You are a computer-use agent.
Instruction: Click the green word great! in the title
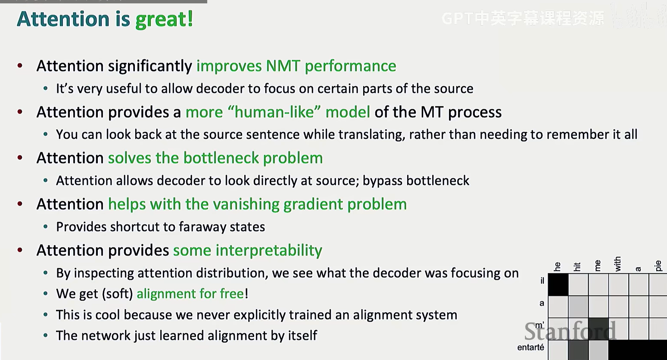(x=164, y=20)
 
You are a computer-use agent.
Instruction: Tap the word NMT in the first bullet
(x=283, y=66)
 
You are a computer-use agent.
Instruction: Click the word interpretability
(x=268, y=250)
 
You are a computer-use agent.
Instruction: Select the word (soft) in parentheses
(x=117, y=294)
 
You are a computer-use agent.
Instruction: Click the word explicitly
(x=260, y=315)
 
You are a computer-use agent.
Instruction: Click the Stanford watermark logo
(x=570, y=331)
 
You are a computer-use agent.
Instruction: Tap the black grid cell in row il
(x=558, y=285)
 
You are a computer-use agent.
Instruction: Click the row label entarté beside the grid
(x=530, y=347)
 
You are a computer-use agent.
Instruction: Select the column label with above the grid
(x=618, y=264)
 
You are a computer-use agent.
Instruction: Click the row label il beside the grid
(x=542, y=281)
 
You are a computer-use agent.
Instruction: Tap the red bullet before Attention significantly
(x=20, y=66)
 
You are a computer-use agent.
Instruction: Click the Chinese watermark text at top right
(x=523, y=19)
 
